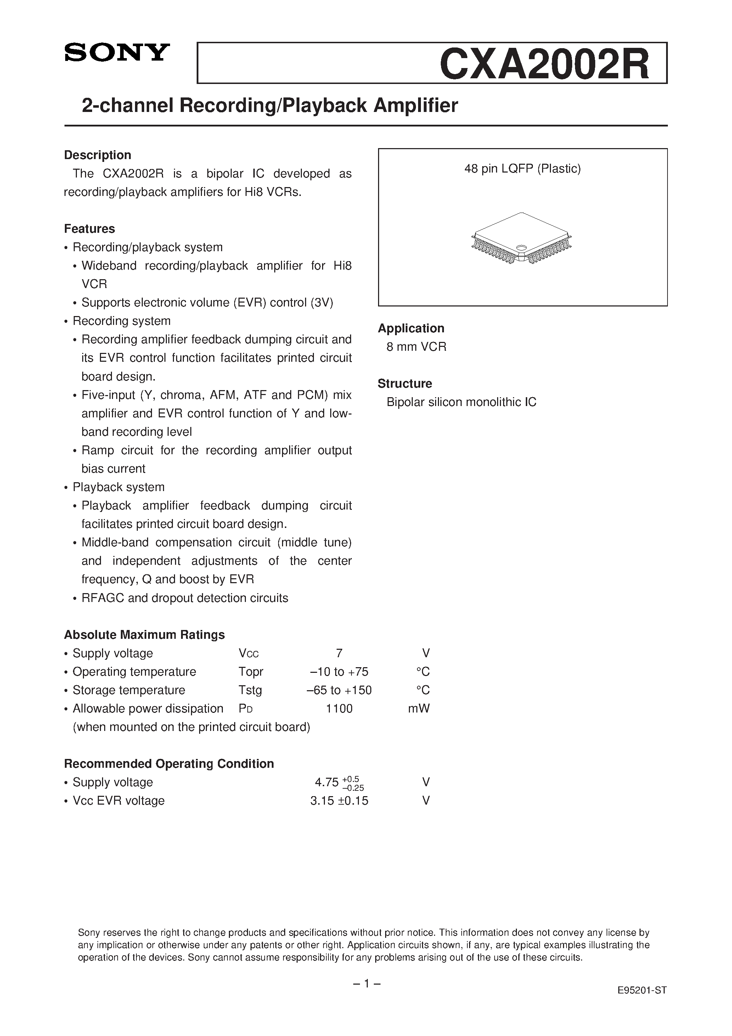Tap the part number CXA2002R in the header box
tap(544, 64)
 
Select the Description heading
tap(97, 155)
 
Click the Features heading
tap(89, 229)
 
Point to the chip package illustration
tap(521, 238)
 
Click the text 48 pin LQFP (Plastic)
tap(522, 169)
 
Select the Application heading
tap(411, 328)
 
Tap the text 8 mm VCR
tap(416, 347)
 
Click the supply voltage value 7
tap(339, 653)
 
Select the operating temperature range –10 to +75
tap(339, 671)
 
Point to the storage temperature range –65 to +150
tap(339, 690)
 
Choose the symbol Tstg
tap(250, 690)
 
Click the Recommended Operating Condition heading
tap(169, 764)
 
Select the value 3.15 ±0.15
tap(339, 800)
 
